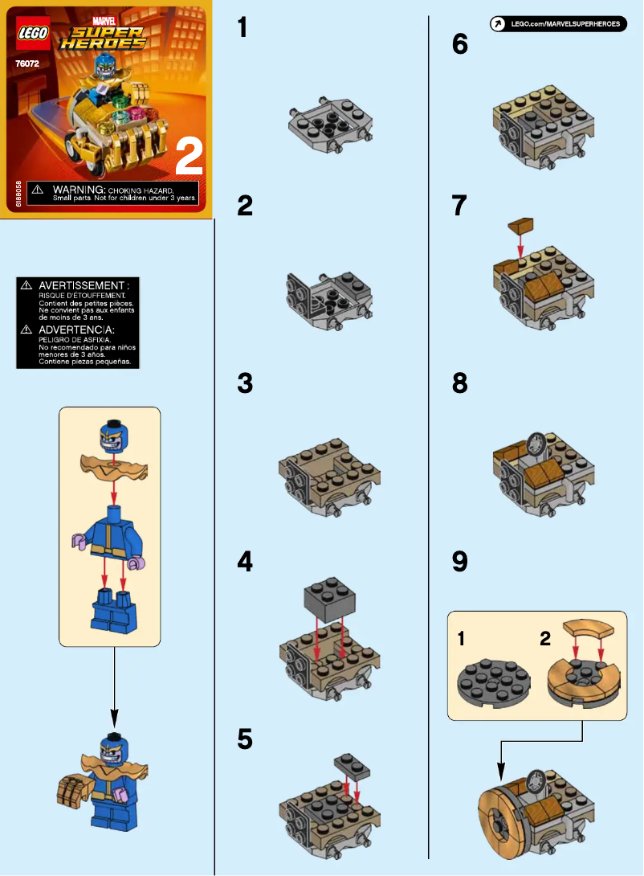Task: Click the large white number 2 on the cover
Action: click(188, 156)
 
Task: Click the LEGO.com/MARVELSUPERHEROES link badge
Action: click(557, 24)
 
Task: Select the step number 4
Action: click(245, 563)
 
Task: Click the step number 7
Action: click(459, 206)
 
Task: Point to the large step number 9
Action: click(459, 562)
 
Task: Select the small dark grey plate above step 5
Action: click(353, 765)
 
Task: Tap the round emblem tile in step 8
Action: click(536, 444)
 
